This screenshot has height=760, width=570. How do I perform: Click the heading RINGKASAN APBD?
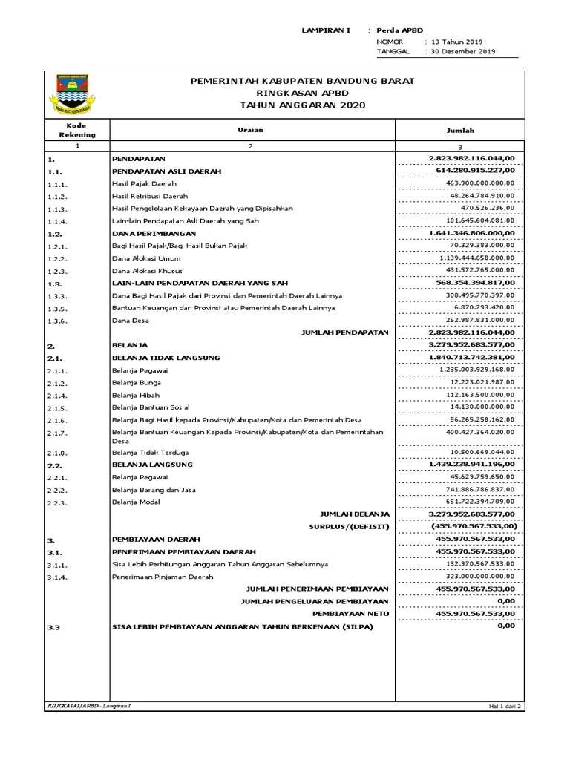302,93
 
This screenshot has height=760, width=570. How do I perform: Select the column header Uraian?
250,130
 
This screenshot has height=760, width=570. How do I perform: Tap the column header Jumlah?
459,130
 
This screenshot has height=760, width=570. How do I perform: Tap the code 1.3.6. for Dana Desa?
57,321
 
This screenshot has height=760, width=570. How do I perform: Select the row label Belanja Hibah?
135,396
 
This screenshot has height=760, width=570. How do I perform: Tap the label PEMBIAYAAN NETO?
350,614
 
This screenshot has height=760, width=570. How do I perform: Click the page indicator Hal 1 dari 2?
505,707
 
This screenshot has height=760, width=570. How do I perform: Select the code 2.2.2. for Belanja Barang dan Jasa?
57,491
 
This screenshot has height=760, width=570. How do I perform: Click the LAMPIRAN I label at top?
326,30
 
